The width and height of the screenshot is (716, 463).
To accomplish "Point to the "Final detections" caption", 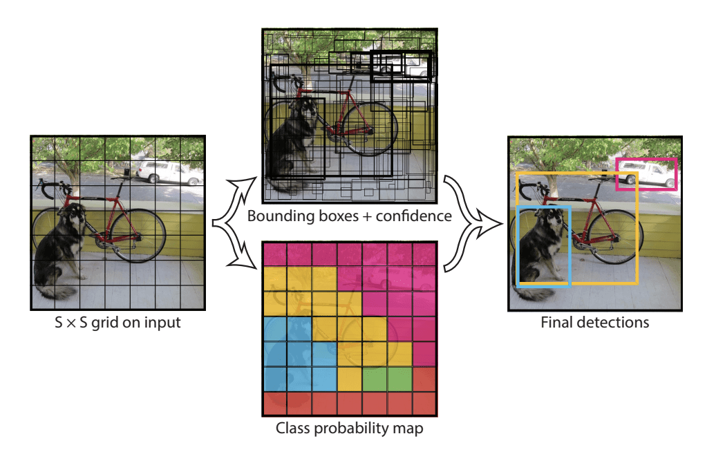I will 594,322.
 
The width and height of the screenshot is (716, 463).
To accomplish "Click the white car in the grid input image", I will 169,172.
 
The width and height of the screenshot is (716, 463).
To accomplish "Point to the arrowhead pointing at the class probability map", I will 243,262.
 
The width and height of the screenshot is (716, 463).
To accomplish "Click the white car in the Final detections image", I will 647,175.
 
